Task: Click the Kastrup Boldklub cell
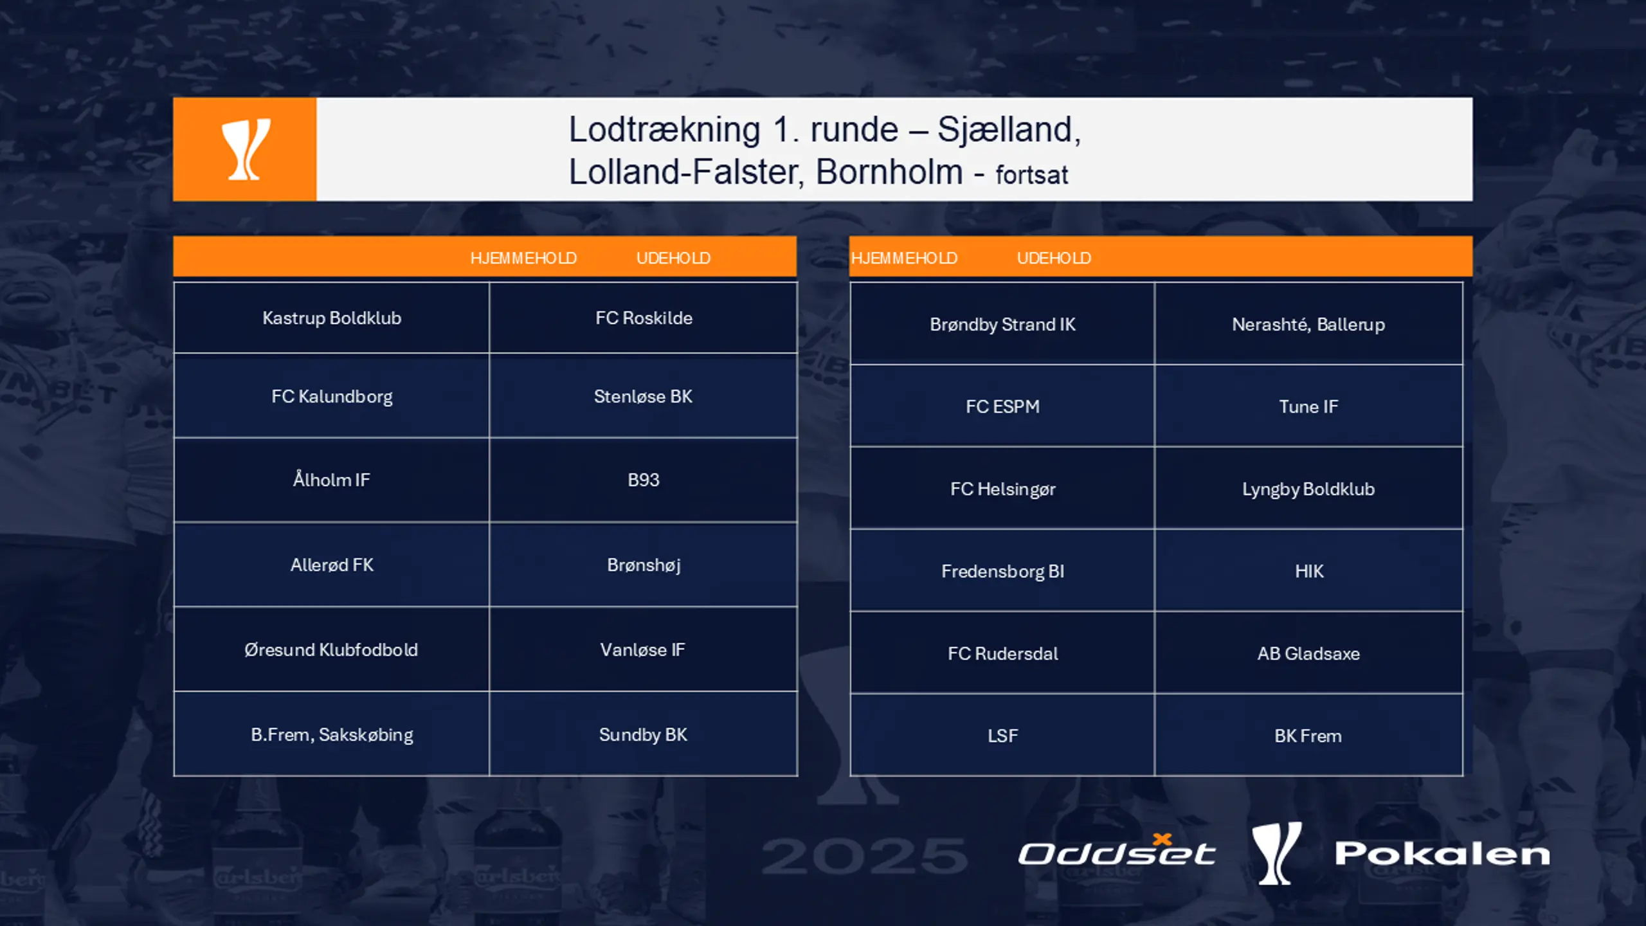[x=332, y=318]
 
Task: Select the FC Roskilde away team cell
[x=644, y=318]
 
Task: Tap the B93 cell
[x=644, y=480]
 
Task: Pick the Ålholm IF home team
[x=332, y=480]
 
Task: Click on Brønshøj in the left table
[x=644, y=565]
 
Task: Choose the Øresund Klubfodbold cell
[x=332, y=649]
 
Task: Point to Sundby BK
[x=644, y=734]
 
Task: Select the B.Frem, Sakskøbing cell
[x=332, y=734]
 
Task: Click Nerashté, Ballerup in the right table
[x=1308, y=324]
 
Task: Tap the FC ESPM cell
[x=1002, y=406]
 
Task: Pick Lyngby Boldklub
[x=1308, y=489]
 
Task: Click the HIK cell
[x=1308, y=571]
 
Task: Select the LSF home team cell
[x=1002, y=736]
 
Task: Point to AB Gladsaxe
[x=1308, y=653]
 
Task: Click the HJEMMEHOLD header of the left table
[x=523, y=258]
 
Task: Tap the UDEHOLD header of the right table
[x=1054, y=258]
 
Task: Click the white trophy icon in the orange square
[x=246, y=149]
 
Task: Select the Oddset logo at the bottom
[x=1117, y=850]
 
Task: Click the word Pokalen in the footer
[x=1442, y=853]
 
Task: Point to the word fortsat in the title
[x=1032, y=175]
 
